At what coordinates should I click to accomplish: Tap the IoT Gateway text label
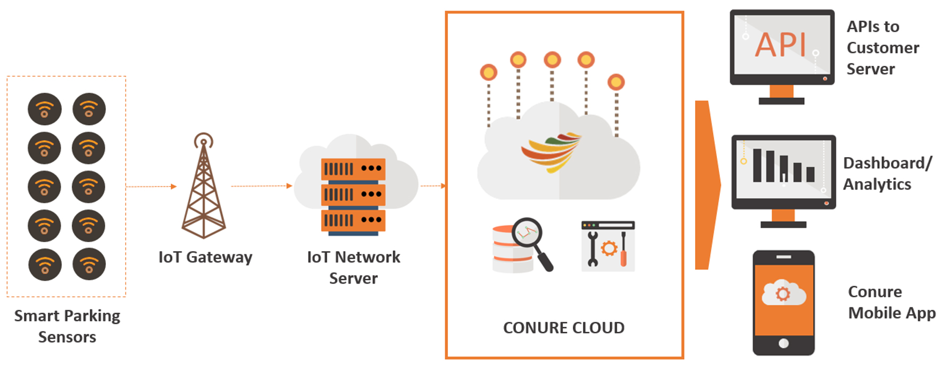(205, 258)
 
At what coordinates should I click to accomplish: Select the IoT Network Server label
(354, 268)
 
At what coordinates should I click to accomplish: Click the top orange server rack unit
(353, 169)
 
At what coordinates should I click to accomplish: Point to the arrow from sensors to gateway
(152, 186)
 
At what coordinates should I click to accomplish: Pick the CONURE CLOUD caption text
(564, 328)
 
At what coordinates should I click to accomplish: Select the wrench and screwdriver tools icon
(608, 246)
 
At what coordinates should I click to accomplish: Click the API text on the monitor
(780, 45)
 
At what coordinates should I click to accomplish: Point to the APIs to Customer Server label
(882, 48)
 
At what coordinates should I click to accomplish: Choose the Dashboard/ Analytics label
(887, 174)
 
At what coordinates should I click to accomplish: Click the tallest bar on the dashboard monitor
(757, 166)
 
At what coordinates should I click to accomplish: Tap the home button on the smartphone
(783, 343)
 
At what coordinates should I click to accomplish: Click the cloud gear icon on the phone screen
(783, 293)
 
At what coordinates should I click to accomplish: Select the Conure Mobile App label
(891, 303)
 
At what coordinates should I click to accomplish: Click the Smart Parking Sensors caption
(67, 327)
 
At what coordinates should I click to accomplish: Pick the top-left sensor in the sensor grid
(45, 109)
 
